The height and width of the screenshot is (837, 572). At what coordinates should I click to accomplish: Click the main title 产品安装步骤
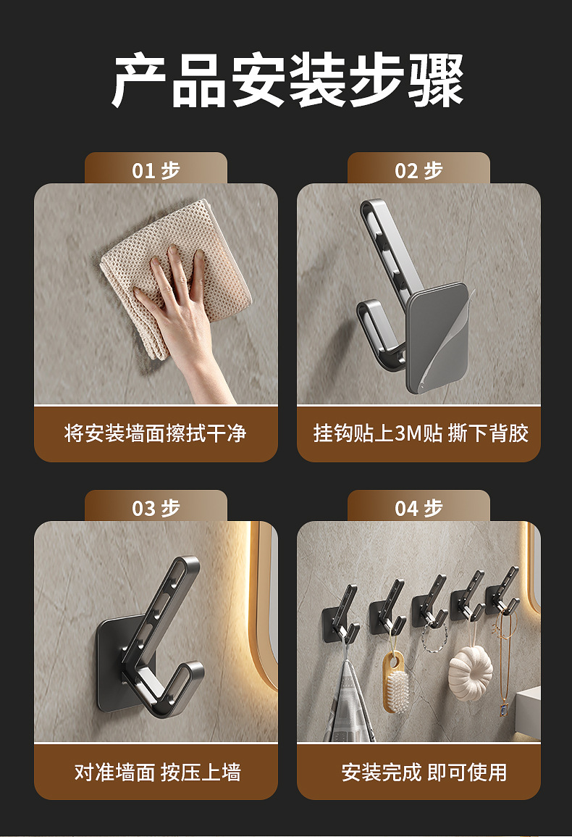tap(287, 80)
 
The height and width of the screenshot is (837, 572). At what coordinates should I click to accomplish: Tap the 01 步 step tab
tap(156, 169)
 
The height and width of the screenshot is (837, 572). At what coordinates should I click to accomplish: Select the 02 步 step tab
tap(419, 169)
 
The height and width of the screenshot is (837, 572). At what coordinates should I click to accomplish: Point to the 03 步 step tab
tap(156, 507)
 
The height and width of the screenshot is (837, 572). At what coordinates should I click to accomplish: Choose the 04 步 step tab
tap(419, 507)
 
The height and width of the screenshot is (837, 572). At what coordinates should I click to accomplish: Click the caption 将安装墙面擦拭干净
tap(155, 433)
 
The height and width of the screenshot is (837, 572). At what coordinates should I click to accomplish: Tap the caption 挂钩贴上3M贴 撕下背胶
tap(421, 433)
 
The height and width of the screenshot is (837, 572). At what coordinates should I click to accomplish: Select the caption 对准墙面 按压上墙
tap(157, 772)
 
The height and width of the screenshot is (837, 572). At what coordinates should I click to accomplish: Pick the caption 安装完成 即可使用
tap(424, 772)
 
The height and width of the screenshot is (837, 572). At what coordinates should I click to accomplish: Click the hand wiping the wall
tap(182, 315)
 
